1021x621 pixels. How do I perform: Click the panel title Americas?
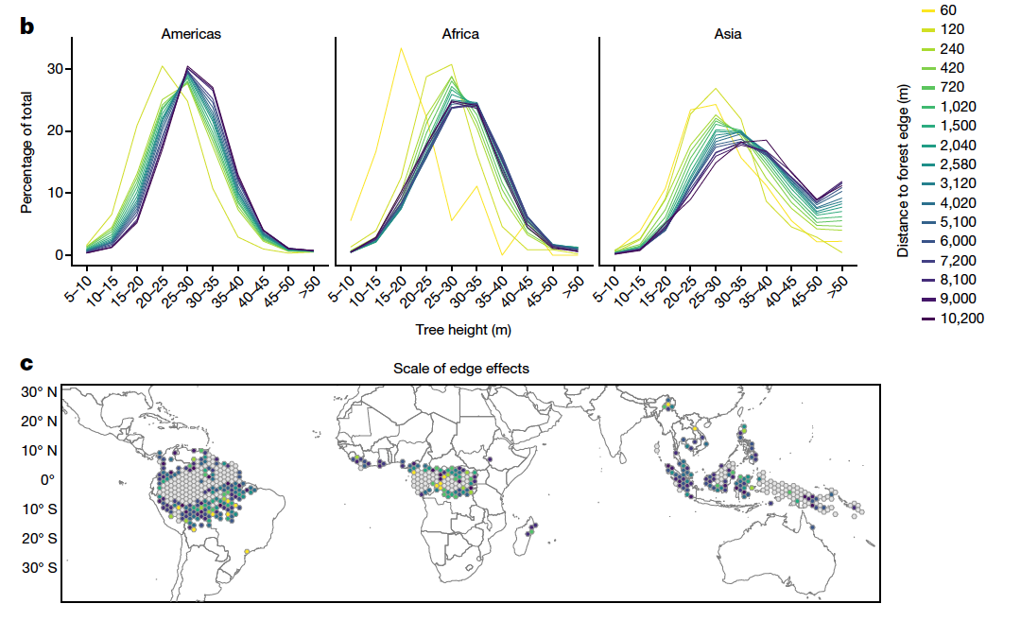(191, 34)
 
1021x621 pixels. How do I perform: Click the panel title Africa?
(460, 34)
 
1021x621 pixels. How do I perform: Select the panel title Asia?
(727, 34)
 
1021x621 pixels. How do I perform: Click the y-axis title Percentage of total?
(27, 152)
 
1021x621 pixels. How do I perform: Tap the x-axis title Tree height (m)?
(463, 330)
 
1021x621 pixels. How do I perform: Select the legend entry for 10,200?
(962, 318)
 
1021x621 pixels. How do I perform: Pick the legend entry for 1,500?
(960, 126)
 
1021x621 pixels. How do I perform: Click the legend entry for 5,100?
(960, 221)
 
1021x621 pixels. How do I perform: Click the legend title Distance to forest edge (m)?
(904, 168)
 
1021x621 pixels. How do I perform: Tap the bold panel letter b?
(27, 26)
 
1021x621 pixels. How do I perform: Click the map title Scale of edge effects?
(461, 368)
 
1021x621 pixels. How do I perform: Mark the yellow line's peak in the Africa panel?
(401, 48)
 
